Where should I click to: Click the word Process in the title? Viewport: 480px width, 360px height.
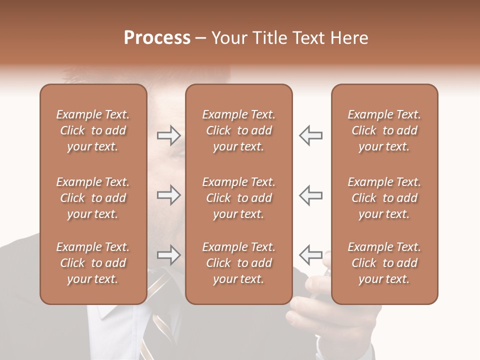(157, 38)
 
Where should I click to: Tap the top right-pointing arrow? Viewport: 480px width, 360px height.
(168, 135)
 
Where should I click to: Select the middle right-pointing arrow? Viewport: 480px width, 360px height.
(168, 195)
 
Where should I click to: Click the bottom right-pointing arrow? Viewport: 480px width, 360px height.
(168, 255)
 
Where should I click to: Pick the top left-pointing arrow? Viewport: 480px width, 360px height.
(310, 135)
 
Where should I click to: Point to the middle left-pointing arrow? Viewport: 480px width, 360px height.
(310, 195)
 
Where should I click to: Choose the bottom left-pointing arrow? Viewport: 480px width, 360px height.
(310, 255)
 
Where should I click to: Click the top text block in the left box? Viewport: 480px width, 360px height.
(93, 130)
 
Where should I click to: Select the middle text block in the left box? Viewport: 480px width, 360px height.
(93, 198)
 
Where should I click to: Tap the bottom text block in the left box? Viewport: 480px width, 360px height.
(93, 263)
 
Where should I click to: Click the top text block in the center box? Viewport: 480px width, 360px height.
(238, 130)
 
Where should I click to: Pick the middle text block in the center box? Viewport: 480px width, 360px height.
(238, 198)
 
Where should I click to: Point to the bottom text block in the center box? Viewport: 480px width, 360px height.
(238, 263)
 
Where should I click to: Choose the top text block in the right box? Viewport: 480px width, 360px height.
(384, 130)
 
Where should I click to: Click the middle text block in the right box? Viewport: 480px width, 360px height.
(384, 198)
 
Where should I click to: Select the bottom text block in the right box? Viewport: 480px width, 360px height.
(384, 263)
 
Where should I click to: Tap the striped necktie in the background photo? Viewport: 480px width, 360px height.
(161, 320)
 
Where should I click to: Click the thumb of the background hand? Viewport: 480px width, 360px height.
(325, 262)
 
